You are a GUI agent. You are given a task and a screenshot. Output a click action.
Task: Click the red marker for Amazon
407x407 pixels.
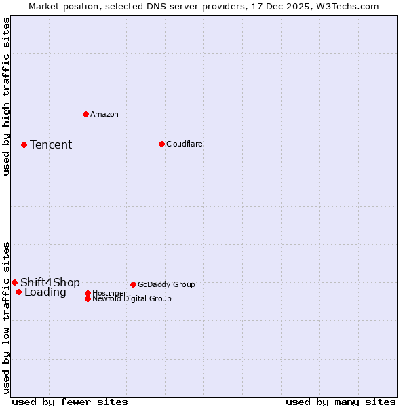click(x=85, y=114)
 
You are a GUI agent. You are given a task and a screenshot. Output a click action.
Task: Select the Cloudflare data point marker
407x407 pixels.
click(x=161, y=144)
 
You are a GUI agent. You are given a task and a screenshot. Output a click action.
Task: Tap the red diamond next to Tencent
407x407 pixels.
click(x=24, y=144)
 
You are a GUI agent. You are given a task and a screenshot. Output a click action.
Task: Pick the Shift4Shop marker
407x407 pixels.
click(x=14, y=282)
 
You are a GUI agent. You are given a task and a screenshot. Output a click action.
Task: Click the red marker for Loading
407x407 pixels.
click(x=18, y=292)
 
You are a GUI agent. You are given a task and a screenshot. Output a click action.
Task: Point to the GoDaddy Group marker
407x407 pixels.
click(x=133, y=284)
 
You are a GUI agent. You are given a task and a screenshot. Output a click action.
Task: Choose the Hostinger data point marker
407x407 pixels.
click(x=88, y=293)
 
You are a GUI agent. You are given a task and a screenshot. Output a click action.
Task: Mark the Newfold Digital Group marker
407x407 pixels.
click(x=88, y=298)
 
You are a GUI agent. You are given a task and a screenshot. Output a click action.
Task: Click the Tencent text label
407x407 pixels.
click(x=51, y=144)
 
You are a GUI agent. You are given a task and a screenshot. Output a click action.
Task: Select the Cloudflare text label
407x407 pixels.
click(x=184, y=144)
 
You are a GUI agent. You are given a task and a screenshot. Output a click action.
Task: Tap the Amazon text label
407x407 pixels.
click(x=104, y=114)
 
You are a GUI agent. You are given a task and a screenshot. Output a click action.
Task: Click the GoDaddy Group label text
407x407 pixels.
click(x=166, y=284)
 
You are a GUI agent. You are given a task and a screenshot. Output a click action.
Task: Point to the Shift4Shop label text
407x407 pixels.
click(x=50, y=282)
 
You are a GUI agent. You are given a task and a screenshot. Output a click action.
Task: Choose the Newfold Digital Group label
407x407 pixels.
click(x=132, y=298)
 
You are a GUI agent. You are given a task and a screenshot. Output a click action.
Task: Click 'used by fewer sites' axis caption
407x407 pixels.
click(x=70, y=402)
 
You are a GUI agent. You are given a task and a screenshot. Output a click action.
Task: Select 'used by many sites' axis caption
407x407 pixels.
click(x=341, y=402)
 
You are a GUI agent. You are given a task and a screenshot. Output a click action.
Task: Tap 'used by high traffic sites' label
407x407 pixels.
click(x=6, y=97)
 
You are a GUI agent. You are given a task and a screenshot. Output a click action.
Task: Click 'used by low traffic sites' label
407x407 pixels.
click(x=6, y=317)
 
